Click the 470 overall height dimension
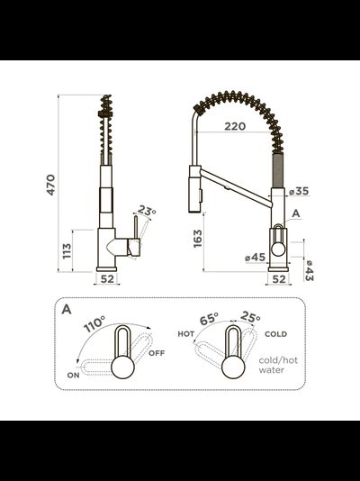coord(50,185)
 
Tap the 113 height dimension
coord(67,251)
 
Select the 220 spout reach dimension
coord(235,126)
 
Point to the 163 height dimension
coord(198,239)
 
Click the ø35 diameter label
coord(299,191)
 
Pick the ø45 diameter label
coord(256,257)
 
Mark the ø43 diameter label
coord(309,270)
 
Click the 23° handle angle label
coord(147,211)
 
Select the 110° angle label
coord(94,323)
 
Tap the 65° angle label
coord(209,319)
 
